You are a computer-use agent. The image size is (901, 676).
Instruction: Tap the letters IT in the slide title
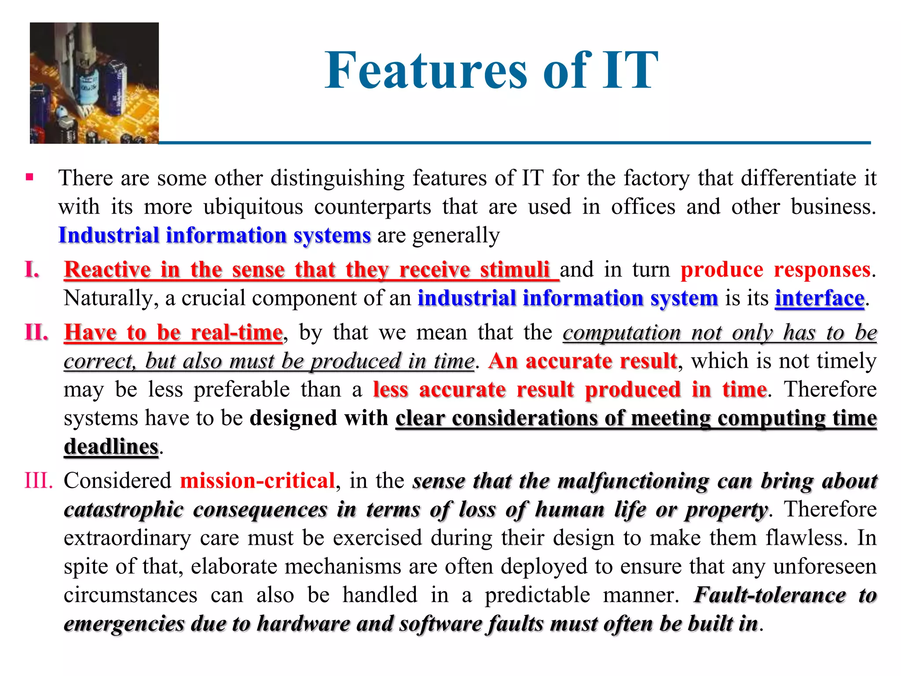pyautogui.click(x=630, y=70)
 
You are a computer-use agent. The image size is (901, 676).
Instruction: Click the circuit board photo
pyautogui.click(x=94, y=83)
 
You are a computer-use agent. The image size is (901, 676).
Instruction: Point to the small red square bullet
pyautogui.click(x=29, y=177)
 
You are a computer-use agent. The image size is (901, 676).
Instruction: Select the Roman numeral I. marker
pyautogui.click(x=32, y=269)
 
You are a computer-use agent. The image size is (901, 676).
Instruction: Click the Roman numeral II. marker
pyautogui.click(x=36, y=332)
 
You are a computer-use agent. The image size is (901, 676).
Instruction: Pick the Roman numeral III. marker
pyautogui.click(x=38, y=481)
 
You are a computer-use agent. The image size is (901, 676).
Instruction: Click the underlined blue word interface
pyautogui.click(x=820, y=298)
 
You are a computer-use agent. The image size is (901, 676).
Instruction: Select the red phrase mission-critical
pyautogui.click(x=257, y=481)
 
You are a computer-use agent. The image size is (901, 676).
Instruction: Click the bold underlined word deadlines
pyautogui.click(x=111, y=447)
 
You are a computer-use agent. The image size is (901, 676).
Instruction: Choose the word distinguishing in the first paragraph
pyautogui.click(x=337, y=178)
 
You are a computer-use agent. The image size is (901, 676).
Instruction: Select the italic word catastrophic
pyautogui.click(x=123, y=510)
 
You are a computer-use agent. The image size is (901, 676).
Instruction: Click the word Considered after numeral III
pyautogui.click(x=117, y=481)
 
